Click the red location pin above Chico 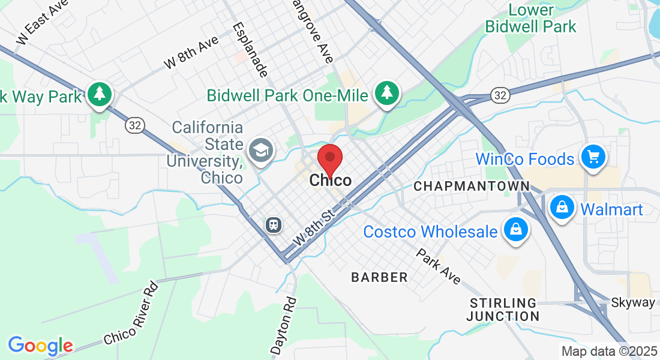click(x=329, y=158)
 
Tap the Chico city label click(x=331, y=181)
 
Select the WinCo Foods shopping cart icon click(x=593, y=158)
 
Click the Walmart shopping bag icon click(x=562, y=208)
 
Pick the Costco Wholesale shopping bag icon click(x=515, y=229)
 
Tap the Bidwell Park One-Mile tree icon click(x=388, y=93)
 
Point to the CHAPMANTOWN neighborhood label click(x=472, y=187)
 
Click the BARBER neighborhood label click(x=379, y=277)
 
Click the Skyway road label click(x=632, y=302)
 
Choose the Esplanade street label click(x=250, y=50)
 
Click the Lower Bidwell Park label click(x=531, y=19)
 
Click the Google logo click(x=40, y=346)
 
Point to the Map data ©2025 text click(x=608, y=352)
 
